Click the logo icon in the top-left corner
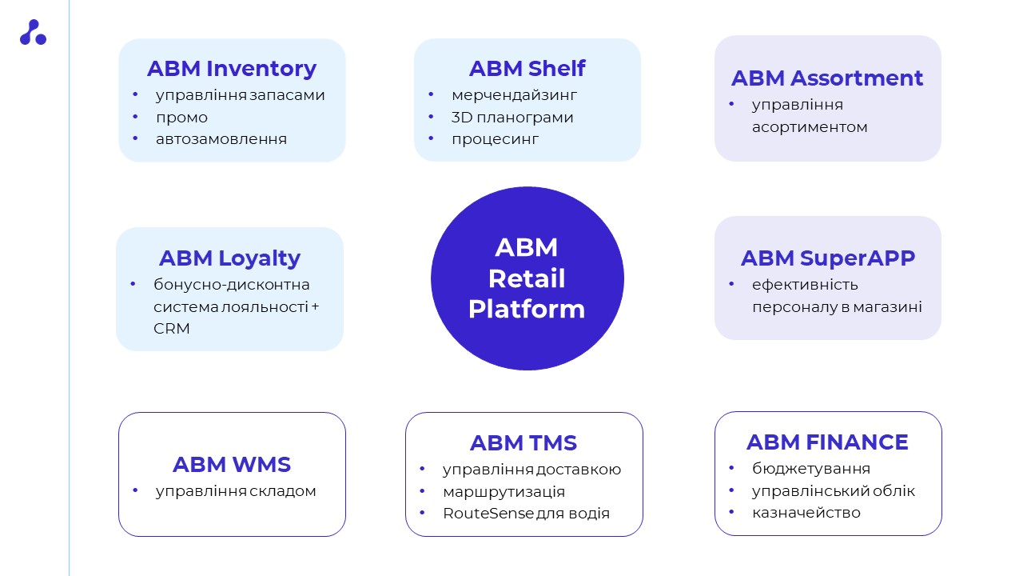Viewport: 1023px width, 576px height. click(33, 33)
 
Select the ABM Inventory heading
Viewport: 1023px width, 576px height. click(232, 69)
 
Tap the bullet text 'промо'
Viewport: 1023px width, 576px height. click(182, 118)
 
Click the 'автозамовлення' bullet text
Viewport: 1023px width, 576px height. click(221, 139)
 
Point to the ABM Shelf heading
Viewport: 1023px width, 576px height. click(527, 69)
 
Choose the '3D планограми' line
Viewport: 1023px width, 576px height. click(512, 118)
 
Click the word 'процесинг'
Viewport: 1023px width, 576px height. click(496, 139)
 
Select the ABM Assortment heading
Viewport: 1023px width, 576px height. click(827, 78)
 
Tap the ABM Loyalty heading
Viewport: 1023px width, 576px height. click(229, 258)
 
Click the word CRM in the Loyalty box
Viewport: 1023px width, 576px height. click(172, 329)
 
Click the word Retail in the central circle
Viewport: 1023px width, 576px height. click(527, 278)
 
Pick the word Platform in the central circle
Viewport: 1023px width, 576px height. click(527, 309)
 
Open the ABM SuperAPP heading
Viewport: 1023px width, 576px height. click(827, 258)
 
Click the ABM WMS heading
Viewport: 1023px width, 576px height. click(232, 464)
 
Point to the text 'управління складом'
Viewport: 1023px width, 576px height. click(236, 491)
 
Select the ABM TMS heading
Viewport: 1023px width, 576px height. click(523, 442)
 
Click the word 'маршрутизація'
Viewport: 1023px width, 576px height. click(504, 491)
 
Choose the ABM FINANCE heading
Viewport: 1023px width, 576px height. click(827, 442)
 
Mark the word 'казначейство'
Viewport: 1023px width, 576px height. click(806, 513)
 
